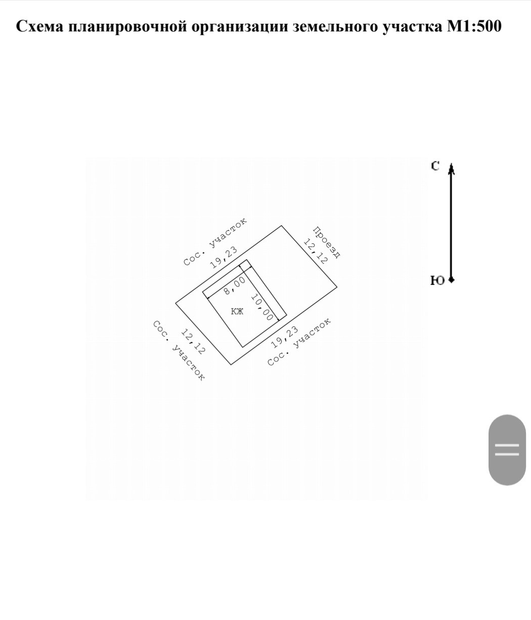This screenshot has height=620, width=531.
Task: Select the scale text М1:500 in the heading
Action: coord(474,26)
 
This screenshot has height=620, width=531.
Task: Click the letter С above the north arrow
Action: coord(435,166)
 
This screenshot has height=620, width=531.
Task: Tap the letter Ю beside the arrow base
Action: coord(437,280)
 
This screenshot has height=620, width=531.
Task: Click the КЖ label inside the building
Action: coord(237,311)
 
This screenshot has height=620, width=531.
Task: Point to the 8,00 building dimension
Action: coord(235,285)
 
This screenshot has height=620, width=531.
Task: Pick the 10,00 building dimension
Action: coord(261,307)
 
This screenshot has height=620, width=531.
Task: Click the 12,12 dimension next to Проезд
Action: coord(314,251)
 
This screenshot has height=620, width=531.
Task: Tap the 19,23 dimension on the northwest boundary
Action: coord(224,257)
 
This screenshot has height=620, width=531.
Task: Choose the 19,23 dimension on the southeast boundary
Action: coord(285,337)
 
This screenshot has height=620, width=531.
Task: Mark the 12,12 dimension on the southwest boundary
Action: coord(193,342)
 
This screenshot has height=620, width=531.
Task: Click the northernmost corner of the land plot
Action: coord(281,226)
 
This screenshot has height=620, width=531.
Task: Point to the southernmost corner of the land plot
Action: coord(231,364)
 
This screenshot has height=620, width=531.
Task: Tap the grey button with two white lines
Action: coord(507,449)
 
